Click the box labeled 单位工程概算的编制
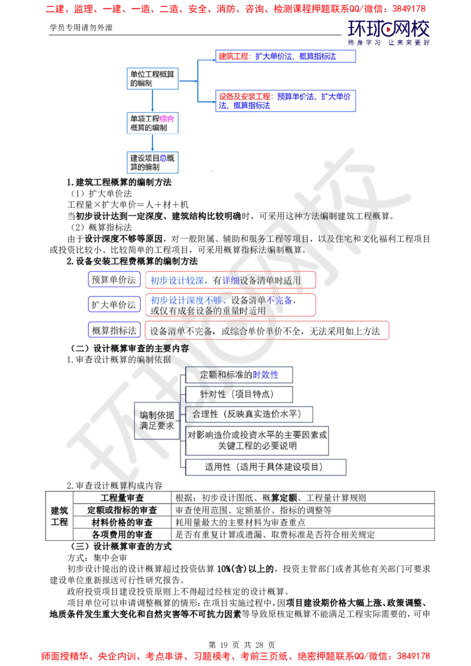[151, 78]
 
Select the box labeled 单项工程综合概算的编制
[151, 123]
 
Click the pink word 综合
[167, 118]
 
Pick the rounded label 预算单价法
[114, 280]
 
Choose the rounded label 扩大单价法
[114, 305]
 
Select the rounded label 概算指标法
[114, 331]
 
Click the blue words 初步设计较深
[176, 281]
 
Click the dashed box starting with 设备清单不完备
[268, 331]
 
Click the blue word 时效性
[266, 375]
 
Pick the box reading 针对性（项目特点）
[238, 394]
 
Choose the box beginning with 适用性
[266, 467]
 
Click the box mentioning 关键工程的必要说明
[257, 440]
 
